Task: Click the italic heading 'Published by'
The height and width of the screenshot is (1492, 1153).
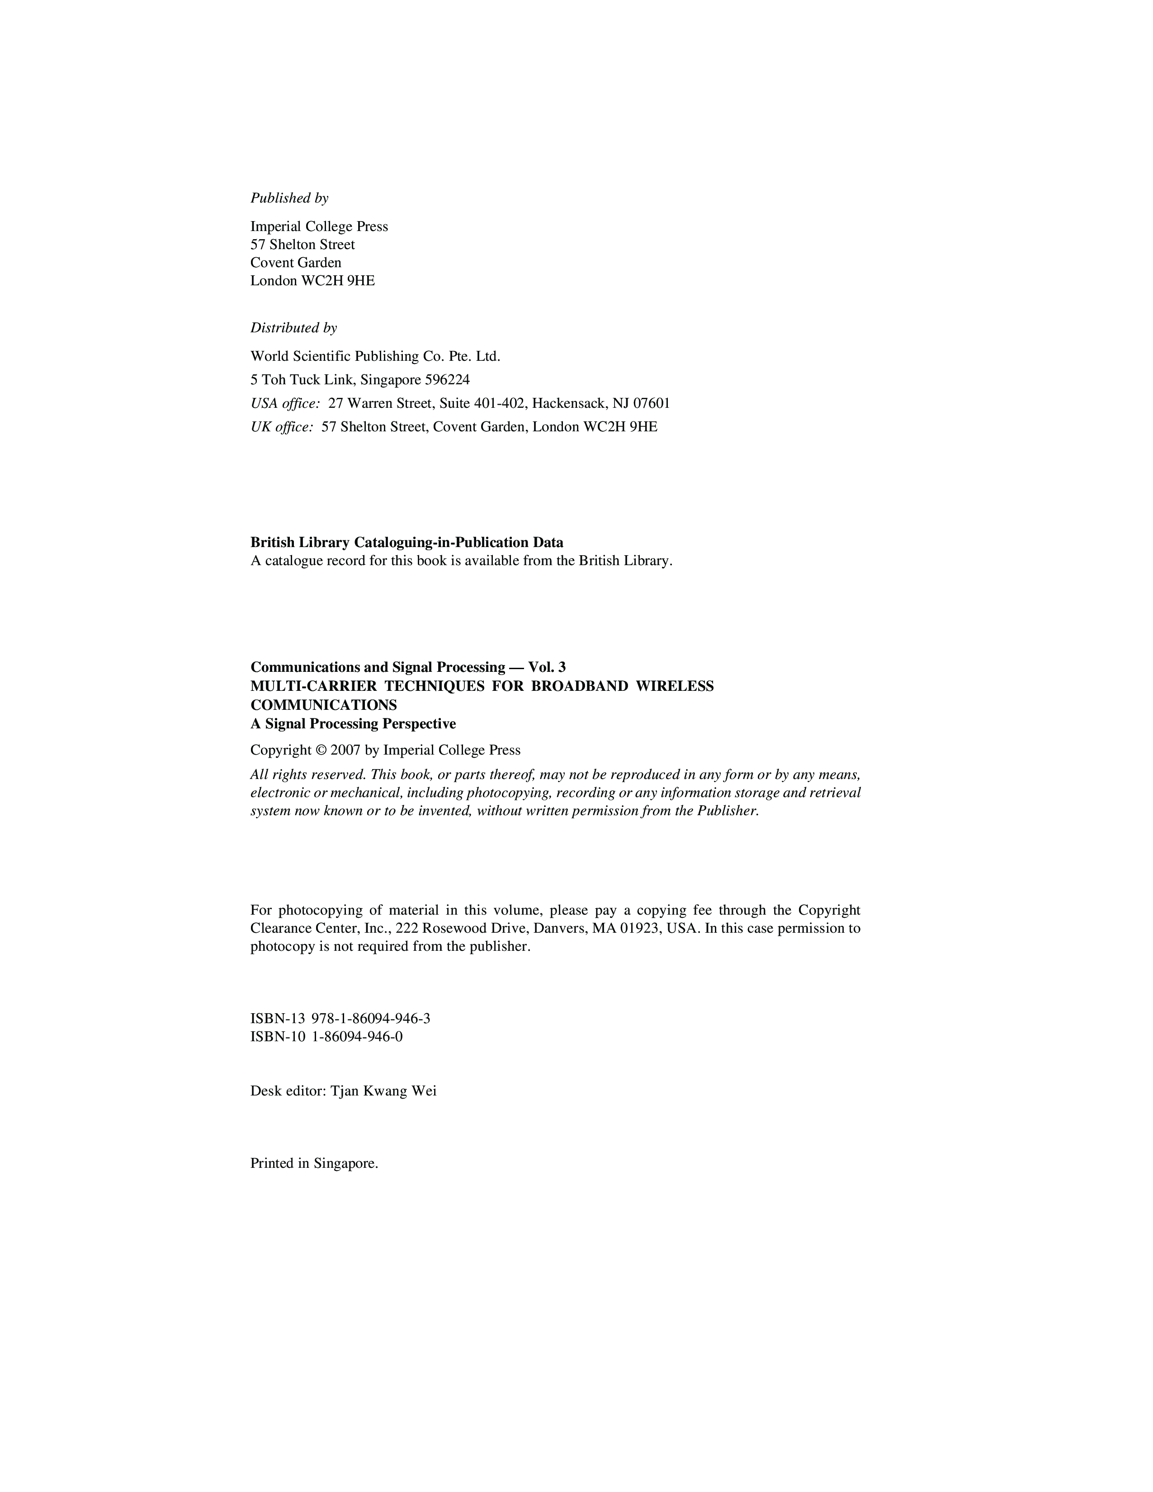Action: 289,198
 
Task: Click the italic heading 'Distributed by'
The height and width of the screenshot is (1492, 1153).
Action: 293,328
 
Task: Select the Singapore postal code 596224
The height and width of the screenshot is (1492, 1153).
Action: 447,380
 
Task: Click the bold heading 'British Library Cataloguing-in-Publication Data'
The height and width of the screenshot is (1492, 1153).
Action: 406,543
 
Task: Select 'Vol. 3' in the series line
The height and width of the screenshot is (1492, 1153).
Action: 547,667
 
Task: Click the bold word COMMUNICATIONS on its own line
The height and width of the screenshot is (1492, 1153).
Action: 323,705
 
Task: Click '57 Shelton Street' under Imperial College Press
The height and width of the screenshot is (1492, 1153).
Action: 302,245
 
